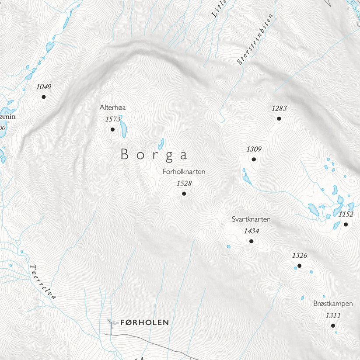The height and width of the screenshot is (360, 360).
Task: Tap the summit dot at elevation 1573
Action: point(112,129)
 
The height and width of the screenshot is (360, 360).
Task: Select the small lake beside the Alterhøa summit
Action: point(124,127)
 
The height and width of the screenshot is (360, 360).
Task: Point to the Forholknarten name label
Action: point(183,172)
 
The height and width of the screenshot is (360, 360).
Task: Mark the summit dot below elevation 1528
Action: point(184,193)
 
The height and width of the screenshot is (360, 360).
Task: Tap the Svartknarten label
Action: point(251,219)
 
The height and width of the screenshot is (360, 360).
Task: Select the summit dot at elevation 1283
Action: point(279,118)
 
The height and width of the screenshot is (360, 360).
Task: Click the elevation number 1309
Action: point(254,149)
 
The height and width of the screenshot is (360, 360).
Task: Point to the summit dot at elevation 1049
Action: point(43,96)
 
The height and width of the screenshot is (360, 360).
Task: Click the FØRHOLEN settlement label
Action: point(144,323)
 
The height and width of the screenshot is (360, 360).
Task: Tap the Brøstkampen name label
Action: point(333,304)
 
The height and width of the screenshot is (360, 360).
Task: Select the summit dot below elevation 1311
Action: point(333,325)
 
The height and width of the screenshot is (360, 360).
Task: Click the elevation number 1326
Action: point(300,255)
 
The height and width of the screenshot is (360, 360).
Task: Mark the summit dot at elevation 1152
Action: point(346,225)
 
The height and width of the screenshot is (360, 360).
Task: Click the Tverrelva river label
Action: point(44,282)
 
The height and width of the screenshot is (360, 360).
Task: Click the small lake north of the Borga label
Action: point(161,142)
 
